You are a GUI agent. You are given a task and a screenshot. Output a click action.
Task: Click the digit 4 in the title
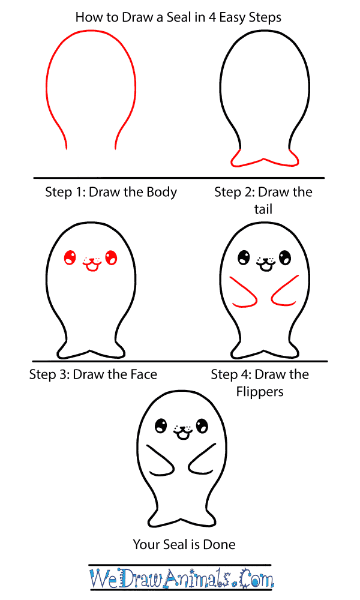click(212, 17)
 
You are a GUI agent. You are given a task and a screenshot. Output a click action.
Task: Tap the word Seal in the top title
click(180, 17)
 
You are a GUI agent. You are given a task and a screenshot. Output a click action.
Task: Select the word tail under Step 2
click(263, 209)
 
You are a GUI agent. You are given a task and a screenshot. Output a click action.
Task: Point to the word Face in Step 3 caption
click(144, 374)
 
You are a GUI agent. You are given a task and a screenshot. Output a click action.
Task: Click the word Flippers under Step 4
click(260, 392)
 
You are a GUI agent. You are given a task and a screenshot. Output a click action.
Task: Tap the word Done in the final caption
click(219, 544)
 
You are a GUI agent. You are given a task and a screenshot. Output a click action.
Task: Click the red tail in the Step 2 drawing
click(265, 158)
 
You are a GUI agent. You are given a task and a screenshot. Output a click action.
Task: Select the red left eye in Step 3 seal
click(70, 257)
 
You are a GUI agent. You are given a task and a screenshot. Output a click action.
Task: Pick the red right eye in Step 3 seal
click(111, 257)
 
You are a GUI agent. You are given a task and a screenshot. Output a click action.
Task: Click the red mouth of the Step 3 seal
click(92, 265)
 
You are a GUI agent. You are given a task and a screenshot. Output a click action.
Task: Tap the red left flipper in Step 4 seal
click(244, 293)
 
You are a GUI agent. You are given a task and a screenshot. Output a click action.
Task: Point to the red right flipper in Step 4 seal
click(285, 291)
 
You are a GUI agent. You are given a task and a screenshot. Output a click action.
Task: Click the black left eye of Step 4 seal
click(244, 257)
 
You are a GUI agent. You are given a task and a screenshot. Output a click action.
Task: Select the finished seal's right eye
click(202, 425)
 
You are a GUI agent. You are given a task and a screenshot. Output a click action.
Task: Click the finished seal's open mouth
click(182, 434)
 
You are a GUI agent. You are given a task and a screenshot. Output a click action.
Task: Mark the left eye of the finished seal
click(161, 425)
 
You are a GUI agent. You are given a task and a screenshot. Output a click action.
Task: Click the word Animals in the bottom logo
click(196, 578)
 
